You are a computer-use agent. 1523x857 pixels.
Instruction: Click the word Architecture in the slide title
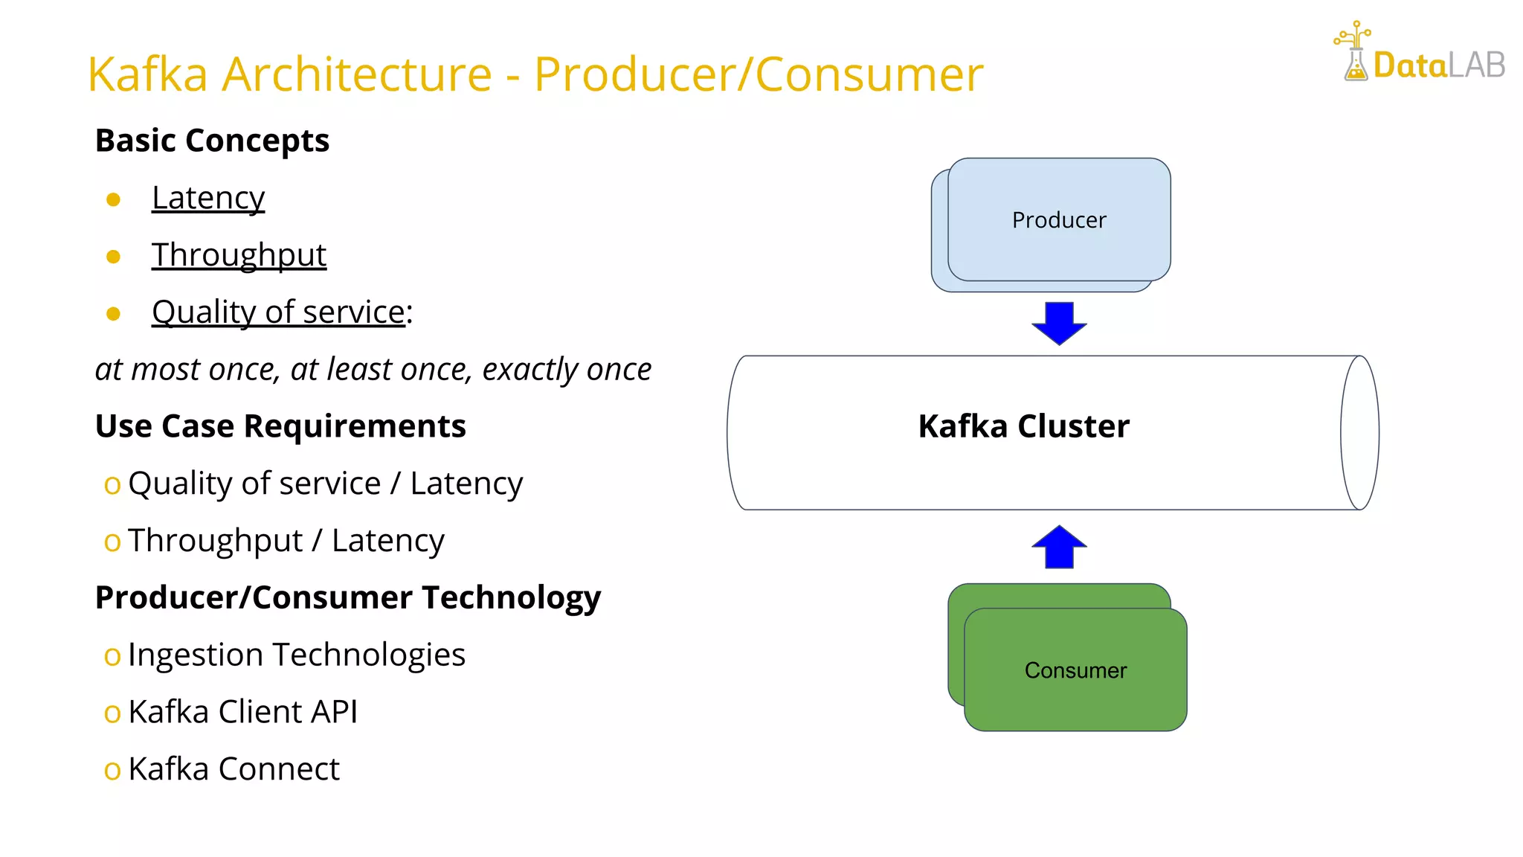click(357, 74)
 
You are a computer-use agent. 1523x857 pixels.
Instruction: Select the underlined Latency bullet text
click(208, 198)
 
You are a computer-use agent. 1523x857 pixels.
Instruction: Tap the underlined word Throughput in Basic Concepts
click(239, 255)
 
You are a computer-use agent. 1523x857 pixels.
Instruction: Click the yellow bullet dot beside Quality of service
click(113, 314)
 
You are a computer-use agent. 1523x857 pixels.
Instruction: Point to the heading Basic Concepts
click(212, 141)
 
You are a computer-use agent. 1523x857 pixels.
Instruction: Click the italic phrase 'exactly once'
click(567, 370)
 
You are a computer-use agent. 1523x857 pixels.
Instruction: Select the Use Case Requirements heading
click(280, 426)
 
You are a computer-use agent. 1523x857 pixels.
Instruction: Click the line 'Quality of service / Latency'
click(325, 484)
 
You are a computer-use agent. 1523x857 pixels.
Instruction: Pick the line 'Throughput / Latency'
click(286, 541)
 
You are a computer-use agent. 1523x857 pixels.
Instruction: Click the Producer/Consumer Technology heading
click(348, 598)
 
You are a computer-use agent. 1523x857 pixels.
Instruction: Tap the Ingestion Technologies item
click(296, 655)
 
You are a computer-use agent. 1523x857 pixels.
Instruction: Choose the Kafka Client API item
click(242, 712)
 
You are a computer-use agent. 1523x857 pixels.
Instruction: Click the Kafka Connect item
click(234, 769)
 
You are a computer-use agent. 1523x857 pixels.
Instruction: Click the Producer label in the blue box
click(1059, 220)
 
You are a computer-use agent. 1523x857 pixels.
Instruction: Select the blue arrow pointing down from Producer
click(1059, 323)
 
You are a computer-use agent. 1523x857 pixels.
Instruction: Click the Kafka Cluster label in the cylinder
click(1023, 426)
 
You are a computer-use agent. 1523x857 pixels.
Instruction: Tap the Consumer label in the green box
click(1075, 670)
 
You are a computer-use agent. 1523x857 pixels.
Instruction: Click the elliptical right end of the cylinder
click(1359, 432)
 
